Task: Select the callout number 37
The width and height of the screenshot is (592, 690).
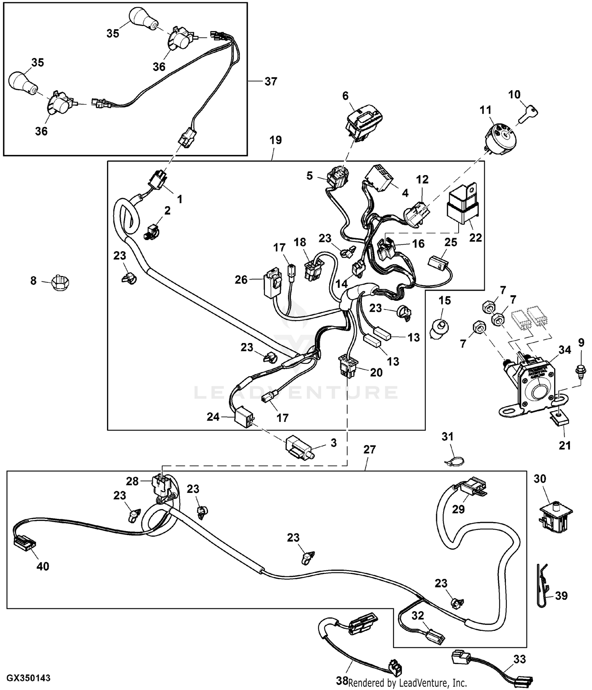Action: [x=271, y=82]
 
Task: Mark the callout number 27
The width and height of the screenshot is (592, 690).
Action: [x=369, y=450]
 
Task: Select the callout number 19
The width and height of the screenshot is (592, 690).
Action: [x=275, y=140]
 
